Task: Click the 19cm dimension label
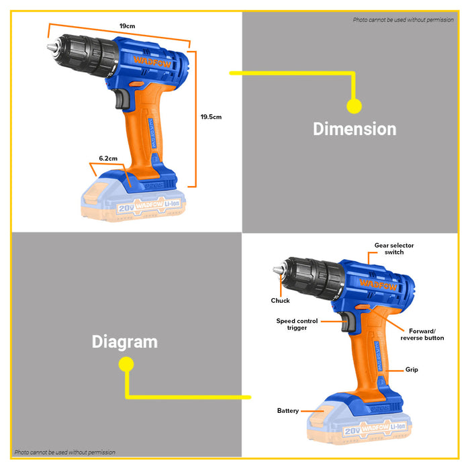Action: [127, 26]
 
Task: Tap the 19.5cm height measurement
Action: [211, 117]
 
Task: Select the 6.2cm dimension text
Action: [108, 158]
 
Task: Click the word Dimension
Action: [355, 129]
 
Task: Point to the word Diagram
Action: [125, 342]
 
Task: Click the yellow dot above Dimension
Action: [354, 105]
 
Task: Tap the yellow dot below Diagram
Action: [125, 365]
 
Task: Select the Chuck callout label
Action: [281, 301]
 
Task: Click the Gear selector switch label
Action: [395, 249]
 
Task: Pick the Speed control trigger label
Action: [297, 324]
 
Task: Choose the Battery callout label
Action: [288, 410]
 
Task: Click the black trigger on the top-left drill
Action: [122, 100]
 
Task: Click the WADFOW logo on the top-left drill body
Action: [150, 60]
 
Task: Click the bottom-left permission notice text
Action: [64, 453]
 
